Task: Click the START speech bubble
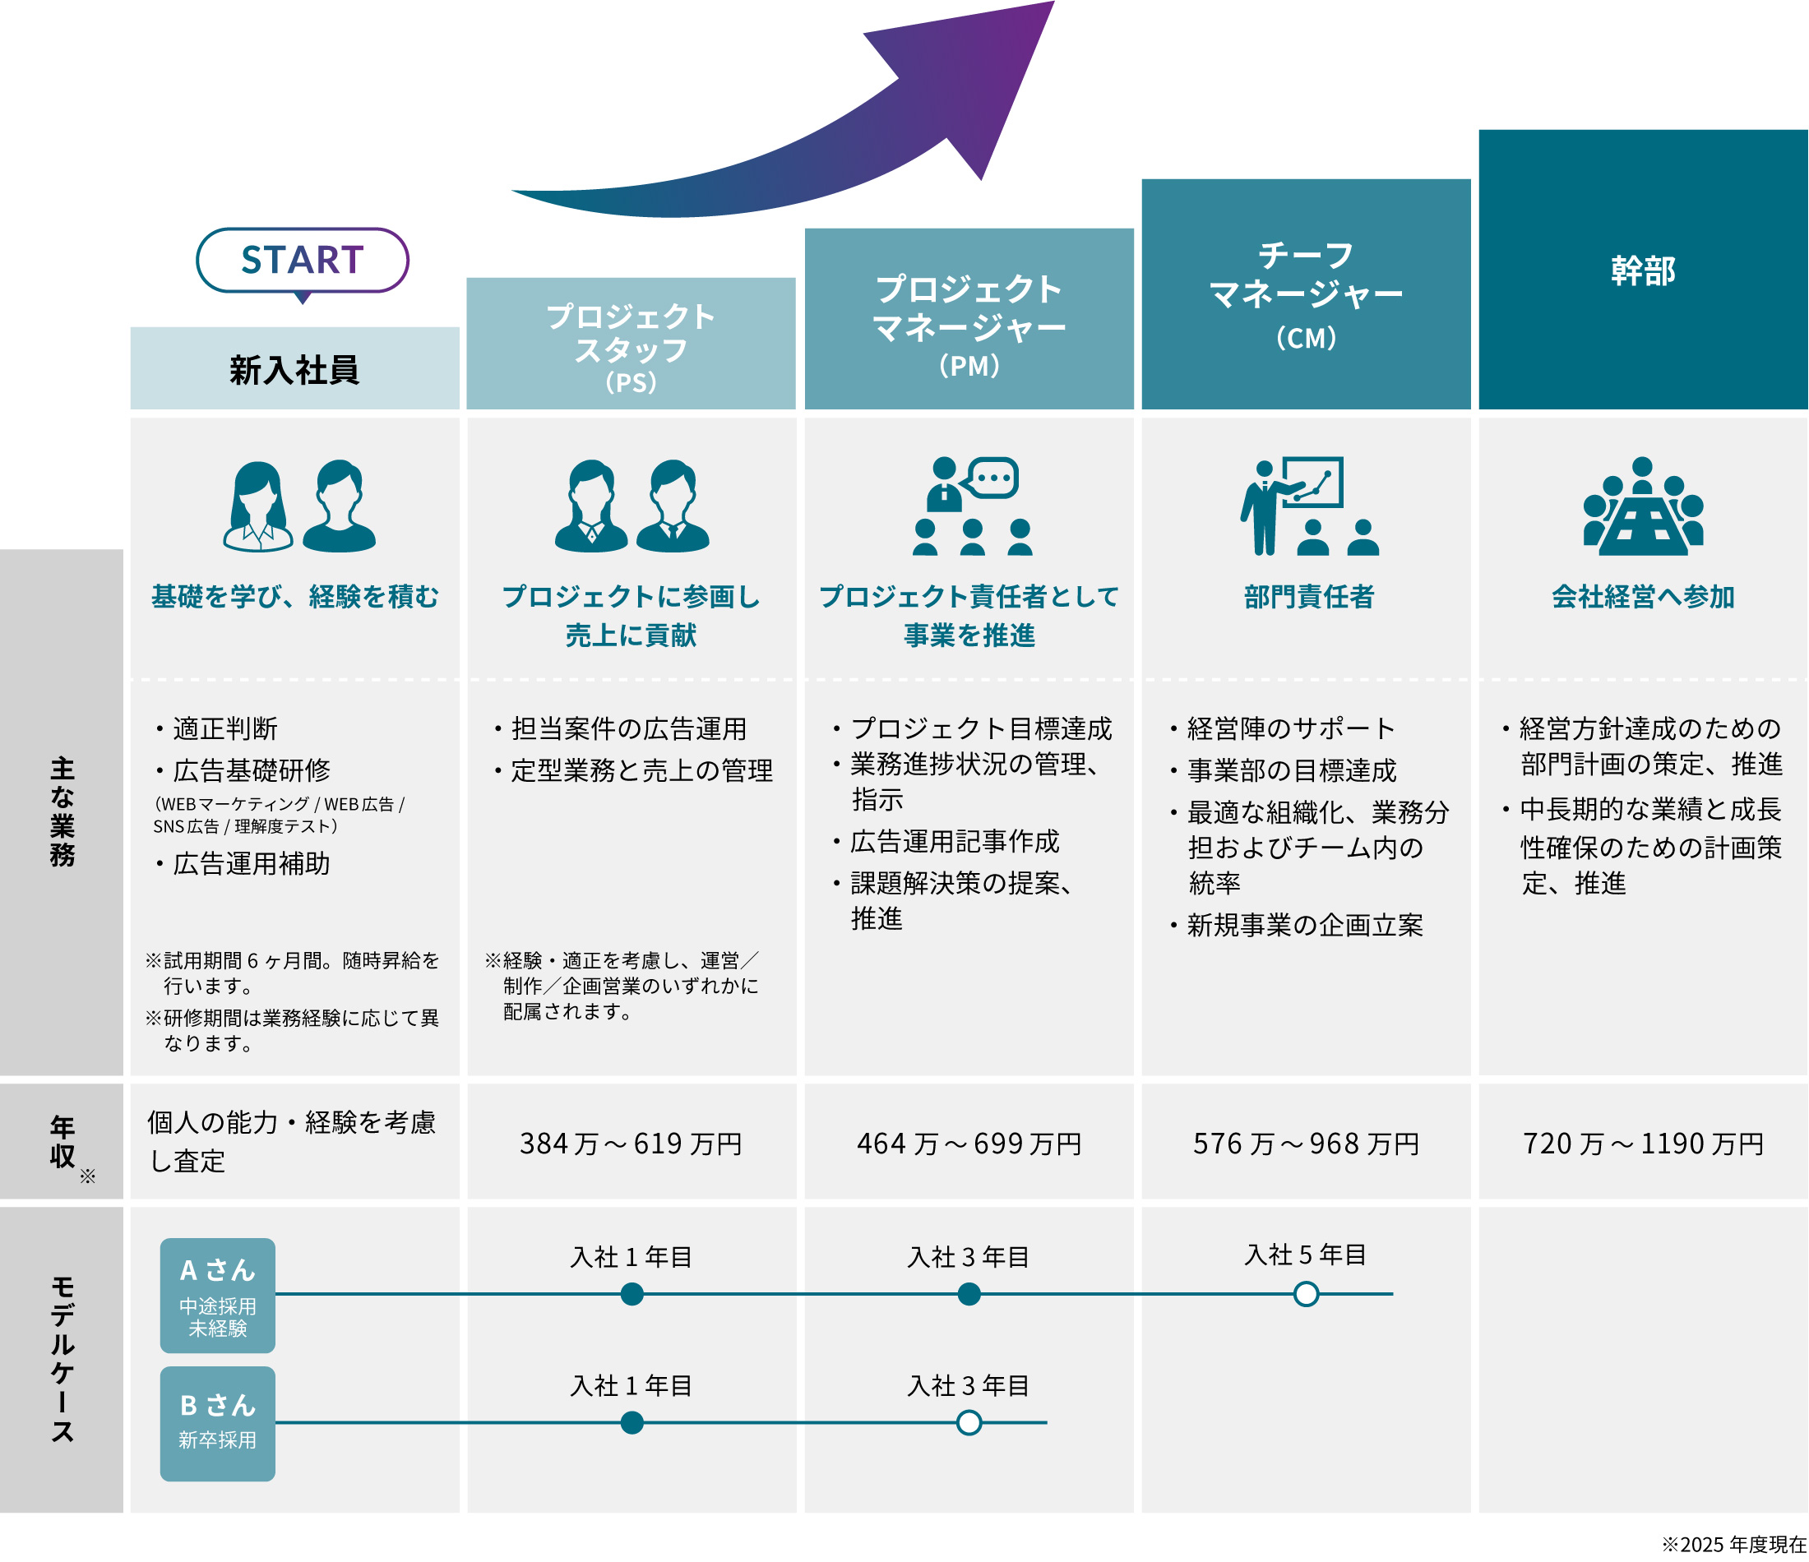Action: [x=302, y=260]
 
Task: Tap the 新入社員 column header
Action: [x=294, y=369]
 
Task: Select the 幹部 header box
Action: [x=1642, y=270]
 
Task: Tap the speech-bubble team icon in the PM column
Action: [x=971, y=506]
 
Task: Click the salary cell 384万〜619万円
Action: [x=632, y=1143]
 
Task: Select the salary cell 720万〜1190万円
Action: [x=1642, y=1143]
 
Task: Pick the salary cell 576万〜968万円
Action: [x=1306, y=1143]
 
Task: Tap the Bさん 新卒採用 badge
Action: [x=217, y=1423]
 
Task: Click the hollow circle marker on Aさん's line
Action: [x=1306, y=1294]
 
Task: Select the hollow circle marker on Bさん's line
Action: [x=969, y=1423]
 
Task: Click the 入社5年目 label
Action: [x=1305, y=1255]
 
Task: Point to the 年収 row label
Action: [x=62, y=1141]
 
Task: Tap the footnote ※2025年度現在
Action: [x=1733, y=1545]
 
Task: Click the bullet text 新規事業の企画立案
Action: [x=1304, y=926]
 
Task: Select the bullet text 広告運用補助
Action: [x=252, y=864]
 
